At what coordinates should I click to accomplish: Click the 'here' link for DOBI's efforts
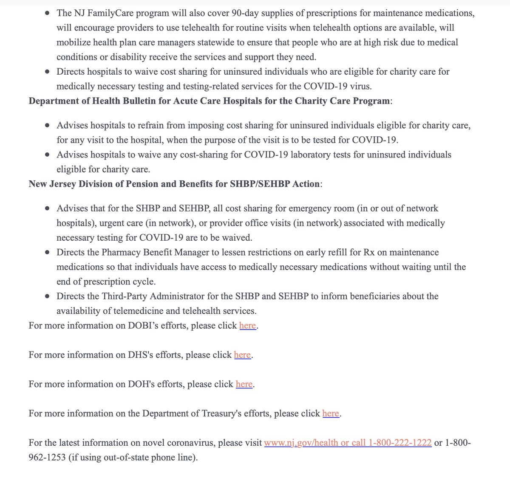click(x=247, y=326)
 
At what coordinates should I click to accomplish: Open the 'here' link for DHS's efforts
click(x=242, y=355)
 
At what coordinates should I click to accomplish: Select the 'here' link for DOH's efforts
click(x=244, y=384)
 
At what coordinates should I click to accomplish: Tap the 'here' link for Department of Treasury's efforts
click(x=331, y=413)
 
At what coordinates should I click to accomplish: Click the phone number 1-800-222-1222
click(x=400, y=443)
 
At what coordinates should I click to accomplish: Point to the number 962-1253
click(x=47, y=458)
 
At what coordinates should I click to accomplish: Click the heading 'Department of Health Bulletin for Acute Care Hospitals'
click(x=208, y=101)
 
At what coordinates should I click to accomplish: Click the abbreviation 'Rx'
click(x=368, y=253)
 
